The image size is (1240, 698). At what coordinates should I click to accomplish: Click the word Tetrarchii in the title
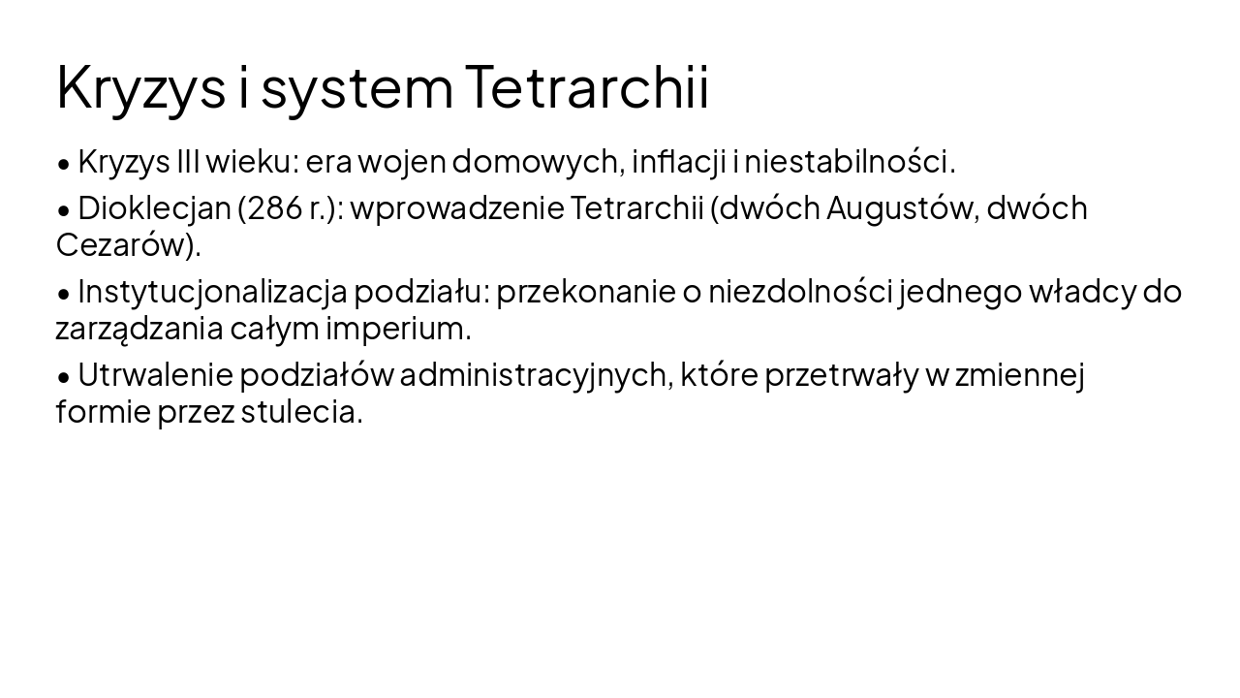pyautogui.click(x=587, y=86)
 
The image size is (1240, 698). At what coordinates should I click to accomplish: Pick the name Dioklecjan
pyautogui.click(x=154, y=207)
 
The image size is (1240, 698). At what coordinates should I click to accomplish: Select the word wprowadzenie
pyautogui.click(x=457, y=208)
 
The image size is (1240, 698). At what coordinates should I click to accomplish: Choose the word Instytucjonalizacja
pyautogui.click(x=212, y=292)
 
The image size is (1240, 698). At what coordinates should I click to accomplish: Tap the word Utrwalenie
pyautogui.click(x=155, y=374)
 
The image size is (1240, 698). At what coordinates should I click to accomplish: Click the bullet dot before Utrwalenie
pyautogui.click(x=64, y=376)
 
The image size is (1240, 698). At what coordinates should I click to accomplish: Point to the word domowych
pyautogui.click(x=537, y=161)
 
